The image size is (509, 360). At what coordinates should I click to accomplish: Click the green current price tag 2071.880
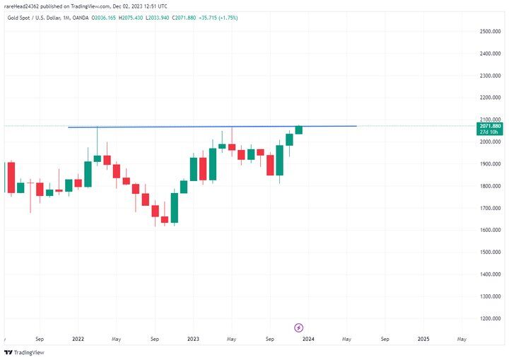click(x=489, y=126)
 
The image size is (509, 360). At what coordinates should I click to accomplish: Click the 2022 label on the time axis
click(x=78, y=339)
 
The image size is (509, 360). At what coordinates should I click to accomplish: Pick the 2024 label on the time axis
click(x=308, y=339)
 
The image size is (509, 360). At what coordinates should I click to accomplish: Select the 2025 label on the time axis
click(x=423, y=339)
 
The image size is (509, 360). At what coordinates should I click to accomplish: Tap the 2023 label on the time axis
click(x=193, y=339)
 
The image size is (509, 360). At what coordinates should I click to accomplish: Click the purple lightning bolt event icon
click(x=298, y=327)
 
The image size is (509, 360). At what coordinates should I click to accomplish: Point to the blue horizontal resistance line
click(x=212, y=127)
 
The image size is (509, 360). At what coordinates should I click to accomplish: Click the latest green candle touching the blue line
click(x=299, y=129)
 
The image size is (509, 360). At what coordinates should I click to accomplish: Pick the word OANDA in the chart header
click(x=79, y=18)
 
